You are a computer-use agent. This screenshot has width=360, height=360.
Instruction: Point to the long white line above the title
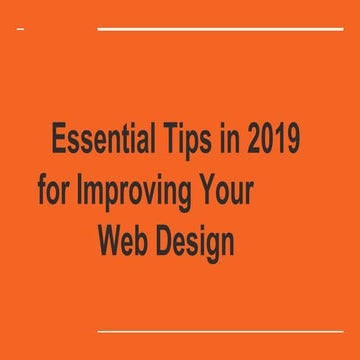(x=220, y=30)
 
